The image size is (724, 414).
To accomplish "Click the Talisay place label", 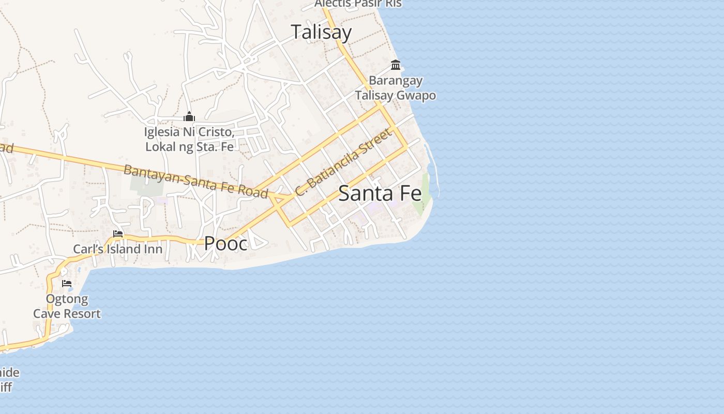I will pos(321,32).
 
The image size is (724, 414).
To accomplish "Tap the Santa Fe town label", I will pos(380,194).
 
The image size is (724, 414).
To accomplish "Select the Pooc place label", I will pos(226,243).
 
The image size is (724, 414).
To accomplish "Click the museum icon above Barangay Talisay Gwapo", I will pos(396,65).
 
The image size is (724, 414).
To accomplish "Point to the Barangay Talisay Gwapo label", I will pos(396,88).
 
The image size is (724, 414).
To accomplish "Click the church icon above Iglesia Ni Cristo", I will pos(189,117).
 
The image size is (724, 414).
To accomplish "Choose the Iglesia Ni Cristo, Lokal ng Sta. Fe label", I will pos(189,139).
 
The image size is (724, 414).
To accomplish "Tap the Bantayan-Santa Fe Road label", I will pos(195,181).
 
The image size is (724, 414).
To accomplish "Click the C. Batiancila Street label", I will pos(342,162).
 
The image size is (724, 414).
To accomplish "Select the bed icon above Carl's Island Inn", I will pos(118,234).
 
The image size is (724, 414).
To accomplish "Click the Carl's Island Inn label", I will pos(117,249).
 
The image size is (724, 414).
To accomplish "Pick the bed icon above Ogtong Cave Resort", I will pos(67,284).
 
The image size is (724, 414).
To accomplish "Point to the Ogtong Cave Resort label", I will pos(67,306).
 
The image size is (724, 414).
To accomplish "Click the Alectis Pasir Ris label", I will pos(358,4).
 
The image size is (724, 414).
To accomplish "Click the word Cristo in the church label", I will pos(217,132).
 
